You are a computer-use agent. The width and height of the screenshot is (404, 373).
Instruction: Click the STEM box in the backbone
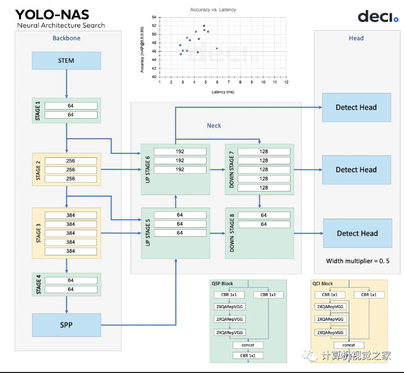click(x=66, y=61)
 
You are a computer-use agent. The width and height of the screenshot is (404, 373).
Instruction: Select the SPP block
click(x=66, y=325)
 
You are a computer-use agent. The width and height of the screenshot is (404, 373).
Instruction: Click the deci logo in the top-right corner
click(x=378, y=17)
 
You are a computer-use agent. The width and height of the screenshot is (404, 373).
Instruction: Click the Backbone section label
click(x=66, y=38)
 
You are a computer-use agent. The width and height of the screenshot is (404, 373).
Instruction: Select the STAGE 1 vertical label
click(x=38, y=110)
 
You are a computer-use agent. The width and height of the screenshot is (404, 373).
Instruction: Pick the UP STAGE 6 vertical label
click(x=148, y=169)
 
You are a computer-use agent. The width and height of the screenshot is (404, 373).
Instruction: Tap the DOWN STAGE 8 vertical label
click(x=232, y=232)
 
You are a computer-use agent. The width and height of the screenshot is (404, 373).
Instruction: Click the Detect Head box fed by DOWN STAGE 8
click(x=357, y=233)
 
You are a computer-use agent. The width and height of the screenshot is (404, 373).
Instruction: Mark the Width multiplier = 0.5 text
click(x=357, y=261)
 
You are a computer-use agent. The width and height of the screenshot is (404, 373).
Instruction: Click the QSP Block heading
click(x=222, y=284)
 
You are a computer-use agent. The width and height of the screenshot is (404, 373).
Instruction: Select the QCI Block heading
click(x=322, y=284)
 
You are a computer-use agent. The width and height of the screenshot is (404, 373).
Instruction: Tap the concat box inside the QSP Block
click(x=248, y=345)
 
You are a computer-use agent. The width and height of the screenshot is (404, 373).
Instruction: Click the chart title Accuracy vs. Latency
click(x=213, y=10)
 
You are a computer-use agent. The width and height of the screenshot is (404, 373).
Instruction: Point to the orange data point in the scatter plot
click(x=204, y=26)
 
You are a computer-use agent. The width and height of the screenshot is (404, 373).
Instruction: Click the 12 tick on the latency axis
click(x=286, y=82)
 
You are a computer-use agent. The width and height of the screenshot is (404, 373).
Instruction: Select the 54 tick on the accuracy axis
click(x=154, y=17)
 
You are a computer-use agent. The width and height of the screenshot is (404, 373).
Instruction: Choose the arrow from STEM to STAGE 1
click(x=66, y=83)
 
